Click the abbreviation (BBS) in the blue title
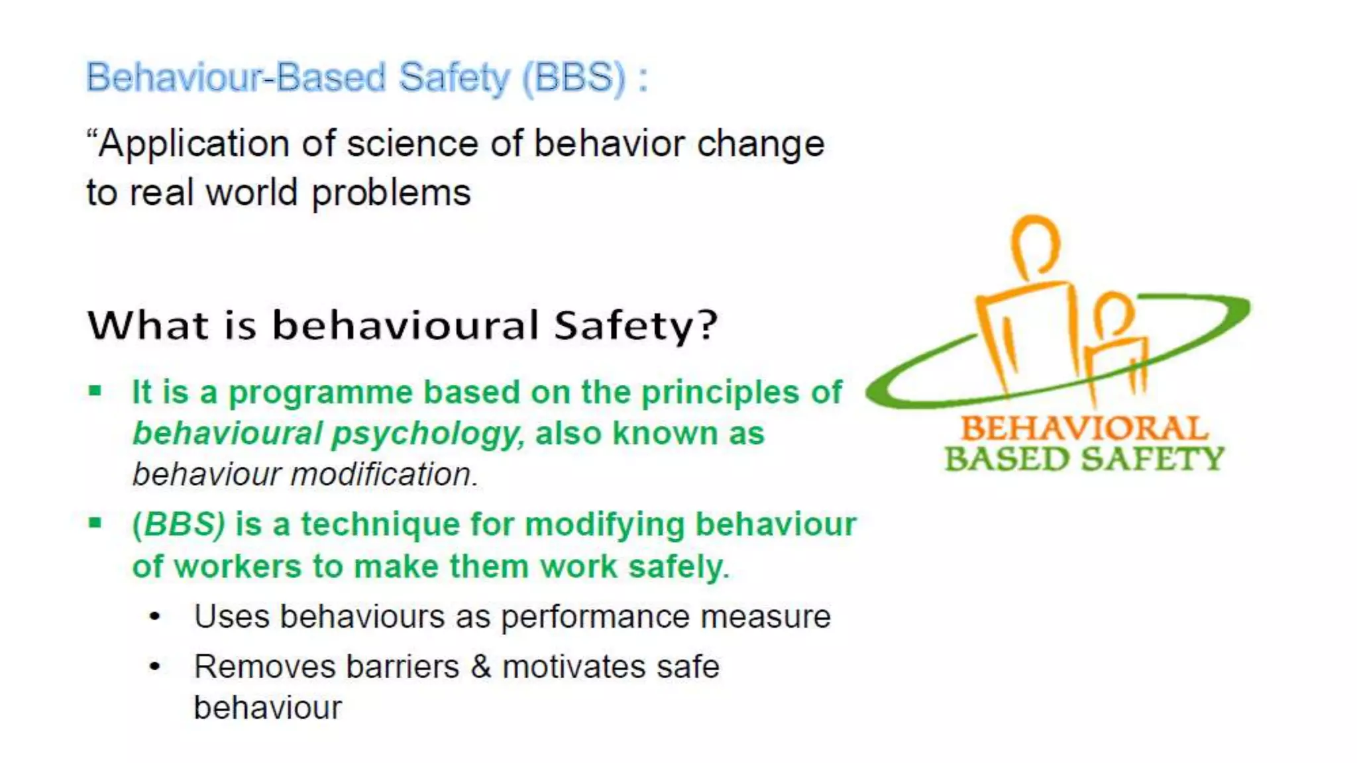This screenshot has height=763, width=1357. click(574, 77)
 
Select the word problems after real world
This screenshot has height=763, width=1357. click(391, 193)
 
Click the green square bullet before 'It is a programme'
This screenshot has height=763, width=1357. click(95, 391)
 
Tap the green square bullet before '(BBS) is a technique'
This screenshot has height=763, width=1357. click(95, 523)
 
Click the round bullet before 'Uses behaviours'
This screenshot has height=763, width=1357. click(155, 617)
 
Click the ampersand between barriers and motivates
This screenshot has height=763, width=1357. click(481, 666)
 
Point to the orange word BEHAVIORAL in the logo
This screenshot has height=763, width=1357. click(1084, 428)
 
